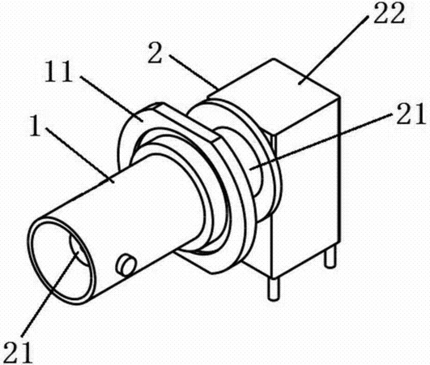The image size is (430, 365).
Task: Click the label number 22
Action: pyautogui.click(x=390, y=13)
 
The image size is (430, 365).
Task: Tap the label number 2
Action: pyautogui.click(x=155, y=54)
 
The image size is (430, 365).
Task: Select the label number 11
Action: pyautogui.click(x=58, y=71)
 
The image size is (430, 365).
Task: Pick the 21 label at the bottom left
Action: pyautogui.click(x=19, y=352)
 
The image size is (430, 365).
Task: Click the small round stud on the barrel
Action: pyautogui.click(x=126, y=264)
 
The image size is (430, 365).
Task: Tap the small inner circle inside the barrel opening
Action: pyautogui.click(x=79, y=248)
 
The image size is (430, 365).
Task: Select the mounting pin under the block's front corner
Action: pyautogui.click(x=273, y=290)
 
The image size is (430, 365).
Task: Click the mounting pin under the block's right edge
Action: pyautogui.click(x=330, y=257)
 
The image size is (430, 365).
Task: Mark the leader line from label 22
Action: pyautogui.click(x=334, y=49)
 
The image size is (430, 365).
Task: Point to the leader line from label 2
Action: pyautogui.click(x=193, y=71)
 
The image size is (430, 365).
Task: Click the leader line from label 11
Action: pyautogui.click(x=112, y=99)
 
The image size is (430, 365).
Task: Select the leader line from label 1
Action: pyautogui.click(x=79, y=154)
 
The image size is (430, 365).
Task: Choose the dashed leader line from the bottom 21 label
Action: pyautogui.click(x=50, y=293)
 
